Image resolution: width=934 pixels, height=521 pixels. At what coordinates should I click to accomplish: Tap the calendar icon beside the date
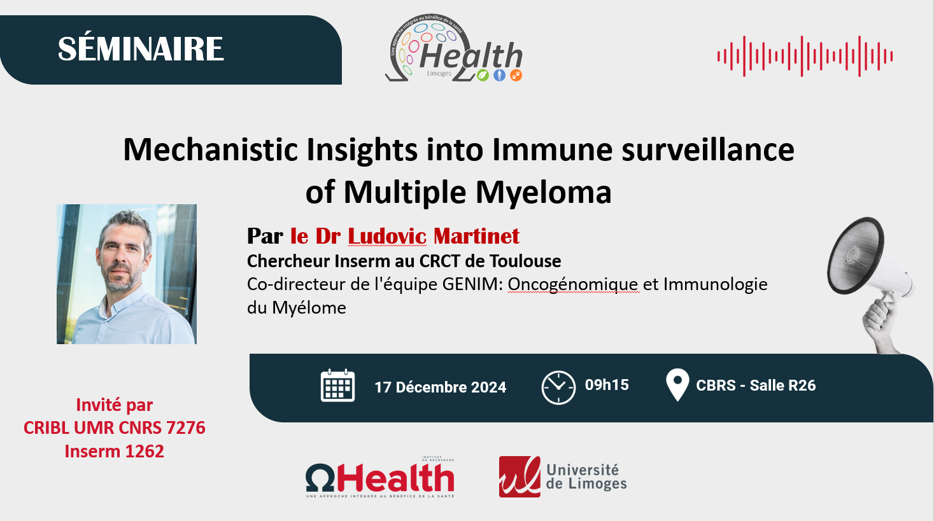point(337,386)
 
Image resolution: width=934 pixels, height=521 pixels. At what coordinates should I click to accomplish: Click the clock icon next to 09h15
point(558,387)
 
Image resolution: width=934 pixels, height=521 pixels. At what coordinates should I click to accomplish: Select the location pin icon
point(677,384)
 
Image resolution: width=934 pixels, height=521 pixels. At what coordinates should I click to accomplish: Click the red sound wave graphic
point(805,56)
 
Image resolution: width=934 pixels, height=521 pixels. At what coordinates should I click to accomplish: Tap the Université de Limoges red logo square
point(520,476)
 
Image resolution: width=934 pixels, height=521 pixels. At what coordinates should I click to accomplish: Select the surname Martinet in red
point(476,236)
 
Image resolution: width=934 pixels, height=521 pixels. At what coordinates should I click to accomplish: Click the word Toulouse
point(525,261)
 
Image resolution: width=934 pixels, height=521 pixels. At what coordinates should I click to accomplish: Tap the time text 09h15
point(607,385)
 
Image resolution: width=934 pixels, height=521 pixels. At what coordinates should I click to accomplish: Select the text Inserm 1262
point(114,451)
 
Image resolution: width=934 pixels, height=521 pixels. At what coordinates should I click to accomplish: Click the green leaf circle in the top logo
point(483,75)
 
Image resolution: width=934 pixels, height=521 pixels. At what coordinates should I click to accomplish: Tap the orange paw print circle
point(516,75)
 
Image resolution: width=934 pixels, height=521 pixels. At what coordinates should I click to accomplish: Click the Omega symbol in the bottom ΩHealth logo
point(320,478)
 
